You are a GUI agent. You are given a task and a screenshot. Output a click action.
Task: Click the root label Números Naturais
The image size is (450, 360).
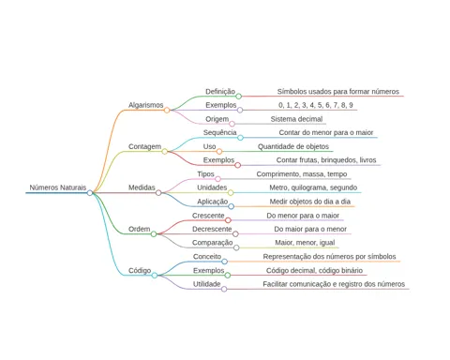(x=58, y=187)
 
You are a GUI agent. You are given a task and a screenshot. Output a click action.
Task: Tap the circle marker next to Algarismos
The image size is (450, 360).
(x=167, y=110)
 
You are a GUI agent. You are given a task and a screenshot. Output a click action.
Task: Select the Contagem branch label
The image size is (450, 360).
(x=145, y=146)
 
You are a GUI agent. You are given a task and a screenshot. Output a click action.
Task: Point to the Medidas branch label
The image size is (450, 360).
(x=142, y=187)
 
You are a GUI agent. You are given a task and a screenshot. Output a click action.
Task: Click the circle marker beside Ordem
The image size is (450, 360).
(x=154, y=234)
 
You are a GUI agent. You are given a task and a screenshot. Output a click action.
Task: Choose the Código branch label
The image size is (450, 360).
(x=140, y=271)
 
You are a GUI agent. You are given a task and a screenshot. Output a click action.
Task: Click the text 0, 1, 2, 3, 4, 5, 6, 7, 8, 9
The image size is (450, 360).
(x=316, y=105)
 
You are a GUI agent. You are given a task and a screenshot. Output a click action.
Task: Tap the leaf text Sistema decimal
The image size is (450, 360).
(x=296, y=119)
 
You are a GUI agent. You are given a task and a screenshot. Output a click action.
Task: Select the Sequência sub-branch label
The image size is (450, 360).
(x=220, y=132)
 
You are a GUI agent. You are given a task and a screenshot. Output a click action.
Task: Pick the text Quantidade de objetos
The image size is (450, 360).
(x=293, y=146)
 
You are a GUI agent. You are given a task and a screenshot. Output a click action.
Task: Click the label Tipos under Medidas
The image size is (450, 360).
(x=205, y=174)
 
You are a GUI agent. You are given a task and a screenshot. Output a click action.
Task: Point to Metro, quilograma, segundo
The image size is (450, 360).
(x=313, y=187)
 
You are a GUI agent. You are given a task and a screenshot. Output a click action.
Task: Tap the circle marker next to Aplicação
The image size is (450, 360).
(x=231, y=206)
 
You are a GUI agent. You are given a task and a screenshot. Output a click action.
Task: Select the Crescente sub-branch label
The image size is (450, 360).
(x=208, y=216)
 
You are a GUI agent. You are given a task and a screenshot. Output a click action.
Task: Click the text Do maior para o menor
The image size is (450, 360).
(x=310, y=229)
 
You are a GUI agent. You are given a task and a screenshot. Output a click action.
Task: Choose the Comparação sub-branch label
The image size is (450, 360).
(x=213, y=243)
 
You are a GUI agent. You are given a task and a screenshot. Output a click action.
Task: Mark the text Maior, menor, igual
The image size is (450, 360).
(x=305, y=243)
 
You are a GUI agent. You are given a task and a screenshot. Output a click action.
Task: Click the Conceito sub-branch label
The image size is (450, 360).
(x=207, y=257)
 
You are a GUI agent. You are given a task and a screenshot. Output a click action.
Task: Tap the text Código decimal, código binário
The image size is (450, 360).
(x=314, y=271)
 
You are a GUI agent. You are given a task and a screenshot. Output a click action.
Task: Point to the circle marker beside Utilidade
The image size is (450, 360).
(x=224, y=289)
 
